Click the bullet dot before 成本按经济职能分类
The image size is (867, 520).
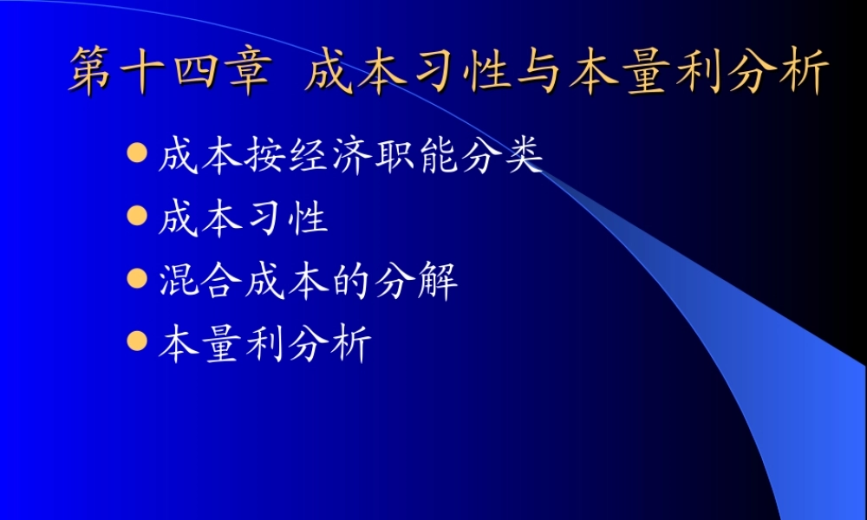[136, 154]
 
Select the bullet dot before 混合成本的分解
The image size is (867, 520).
[136, 278]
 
